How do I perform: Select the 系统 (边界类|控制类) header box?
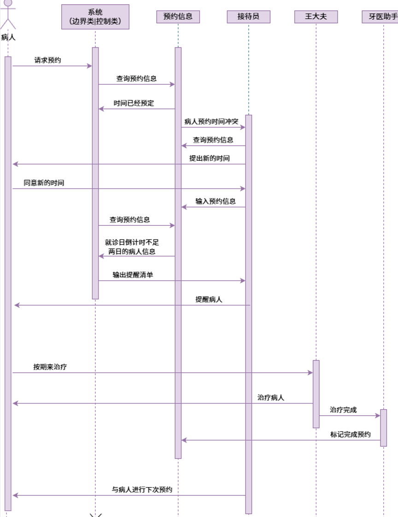pyautogui.click(x=95, y=17)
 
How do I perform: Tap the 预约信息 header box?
pyautogui.click(x=178, y=17)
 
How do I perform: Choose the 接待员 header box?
pyautogui.click(x=248, y=17)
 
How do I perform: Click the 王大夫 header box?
pyautogui.click(x=316, y=17)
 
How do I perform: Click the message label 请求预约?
pyautogui.click(x=47, y=60)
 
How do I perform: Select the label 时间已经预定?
pyautogui.click(x=134, y=103)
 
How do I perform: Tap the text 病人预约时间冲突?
pyautogui.click(x=211, y=122)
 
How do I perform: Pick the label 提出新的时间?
pyautogui.click(x=209, y=158)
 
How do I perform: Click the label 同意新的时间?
pyautogui.click(x=44, y=183)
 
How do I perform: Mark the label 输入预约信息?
pyautogui.click(x=215, y=201)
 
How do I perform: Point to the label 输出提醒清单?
pyautogui.click(x=133, y=275)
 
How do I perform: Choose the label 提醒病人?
pyautogui.click(x=209, y=299)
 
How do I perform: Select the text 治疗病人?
pyautogui.click(x=270, y=397)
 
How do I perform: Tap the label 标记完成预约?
pyautogui.click(x=350, y=434)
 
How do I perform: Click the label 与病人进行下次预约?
pyautogui.click(x=142, y=489)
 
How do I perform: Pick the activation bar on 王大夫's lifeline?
pyautogui.click(x=316, y=394)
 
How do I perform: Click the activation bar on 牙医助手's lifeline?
pyautogui.click(x=383, y=428)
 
